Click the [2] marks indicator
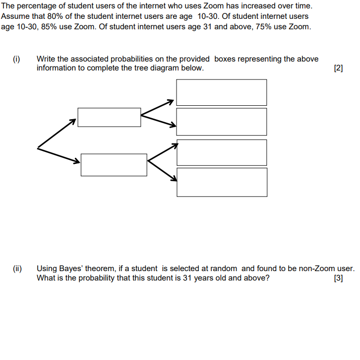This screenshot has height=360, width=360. (339, 69)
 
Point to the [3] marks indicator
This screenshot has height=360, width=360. (339, 278)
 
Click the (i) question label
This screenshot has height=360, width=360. (16, 59)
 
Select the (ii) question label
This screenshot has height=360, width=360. (17, 269)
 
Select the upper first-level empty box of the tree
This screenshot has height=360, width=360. (109, 117)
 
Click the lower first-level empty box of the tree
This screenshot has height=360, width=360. (114, 164)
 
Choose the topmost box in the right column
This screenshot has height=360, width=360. (222, 92)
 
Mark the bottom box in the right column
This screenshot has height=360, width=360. (222, 182)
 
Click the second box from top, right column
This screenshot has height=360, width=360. (222, 121)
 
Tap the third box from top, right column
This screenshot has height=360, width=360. (222, 152)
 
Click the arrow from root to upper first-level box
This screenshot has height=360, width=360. (57, 133)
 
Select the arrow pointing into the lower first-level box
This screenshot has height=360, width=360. (59, 154)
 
